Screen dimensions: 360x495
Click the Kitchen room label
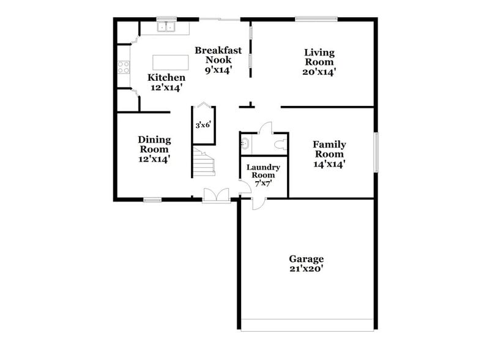[x=166, y=78]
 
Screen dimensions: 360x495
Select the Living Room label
[x=319, y=57]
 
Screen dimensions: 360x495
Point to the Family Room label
[x=329, y=149]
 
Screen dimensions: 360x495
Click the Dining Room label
[x=154, y=144]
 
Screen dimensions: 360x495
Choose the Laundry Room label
[x=263, y=171]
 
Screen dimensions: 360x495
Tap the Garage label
[x=307, y=259]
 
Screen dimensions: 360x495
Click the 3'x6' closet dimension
[x=203, y=125]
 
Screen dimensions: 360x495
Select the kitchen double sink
[x=166, y=27]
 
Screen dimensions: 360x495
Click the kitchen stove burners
[x=124, y=67]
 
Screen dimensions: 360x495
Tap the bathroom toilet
[x=280, y=145]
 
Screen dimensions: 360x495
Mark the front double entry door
[x=217, y=195]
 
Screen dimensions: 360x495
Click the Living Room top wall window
[x=316, y=19]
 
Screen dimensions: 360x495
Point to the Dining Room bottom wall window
[x=152, y=200]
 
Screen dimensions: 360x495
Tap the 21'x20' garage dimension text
[x=307, y=269]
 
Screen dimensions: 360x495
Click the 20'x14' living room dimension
[x=319, y=72]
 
